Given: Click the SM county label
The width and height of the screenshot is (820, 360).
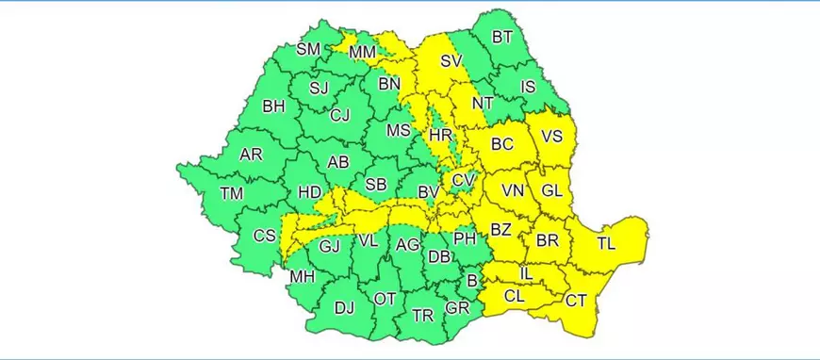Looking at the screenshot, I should tap(308, 49).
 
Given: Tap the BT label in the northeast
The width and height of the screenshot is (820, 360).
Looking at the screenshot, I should tap(503, 38).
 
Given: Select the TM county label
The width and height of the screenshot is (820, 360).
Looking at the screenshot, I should tap(232, 193).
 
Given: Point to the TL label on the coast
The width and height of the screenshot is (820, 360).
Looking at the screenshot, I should tap(606, 244).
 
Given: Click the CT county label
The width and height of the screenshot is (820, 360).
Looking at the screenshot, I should tap(577, 301).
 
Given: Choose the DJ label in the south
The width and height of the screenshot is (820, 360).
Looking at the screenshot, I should tap(346, 306).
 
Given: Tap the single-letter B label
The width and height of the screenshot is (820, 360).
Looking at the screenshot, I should tap(472, 281).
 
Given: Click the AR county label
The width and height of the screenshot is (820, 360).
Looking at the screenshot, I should tap(251, 155).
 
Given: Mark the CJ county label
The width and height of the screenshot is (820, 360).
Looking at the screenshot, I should tap(340, 116).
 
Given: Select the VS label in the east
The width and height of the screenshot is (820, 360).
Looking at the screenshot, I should tap(552, 136).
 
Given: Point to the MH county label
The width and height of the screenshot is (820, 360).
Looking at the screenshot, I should tap(303, 276).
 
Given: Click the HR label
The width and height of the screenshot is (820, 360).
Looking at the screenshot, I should tap(440, 136).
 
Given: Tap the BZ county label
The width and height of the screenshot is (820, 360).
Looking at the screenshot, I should tap(501, 229).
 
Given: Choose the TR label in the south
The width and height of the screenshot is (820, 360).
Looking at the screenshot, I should tap(421, 315).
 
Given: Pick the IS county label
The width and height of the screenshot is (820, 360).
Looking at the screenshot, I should tap(528, 88).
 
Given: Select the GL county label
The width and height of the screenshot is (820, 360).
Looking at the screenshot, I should tap(551, 190).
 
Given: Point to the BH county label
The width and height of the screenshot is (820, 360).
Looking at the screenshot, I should tap(273, 106).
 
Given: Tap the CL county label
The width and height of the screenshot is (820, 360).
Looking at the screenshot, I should tap(514, 295).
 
